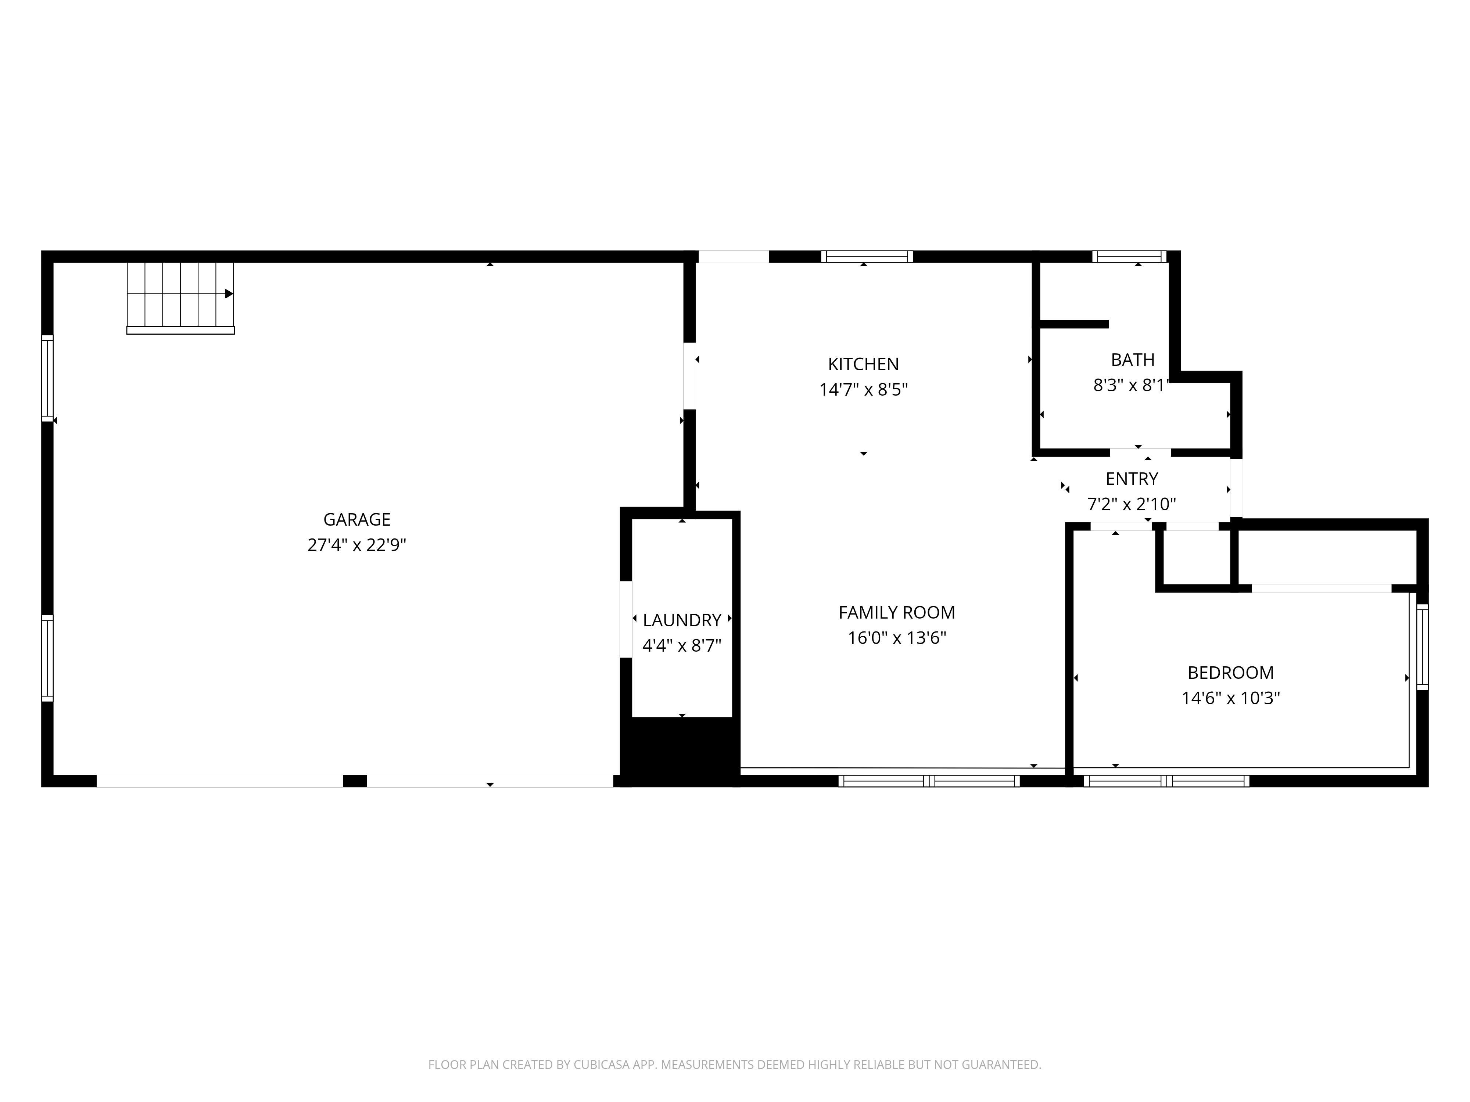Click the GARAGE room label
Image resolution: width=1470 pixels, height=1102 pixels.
(357, 519)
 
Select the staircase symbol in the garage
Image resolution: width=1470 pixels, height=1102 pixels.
(180, 296)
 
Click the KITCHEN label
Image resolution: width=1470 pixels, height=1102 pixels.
(863, 364)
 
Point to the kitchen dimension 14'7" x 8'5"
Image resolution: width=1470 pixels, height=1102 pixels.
(863, 390)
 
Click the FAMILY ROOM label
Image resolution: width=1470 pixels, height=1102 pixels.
(896, 612)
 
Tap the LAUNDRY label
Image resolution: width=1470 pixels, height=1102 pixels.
(682, 620)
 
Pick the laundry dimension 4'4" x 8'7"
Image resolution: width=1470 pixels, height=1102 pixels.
(682, 646)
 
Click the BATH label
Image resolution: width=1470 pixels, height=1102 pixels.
(1132, 360)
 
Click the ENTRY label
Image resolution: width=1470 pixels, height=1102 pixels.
(1132, 479)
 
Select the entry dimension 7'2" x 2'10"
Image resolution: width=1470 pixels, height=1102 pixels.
(1132, 505)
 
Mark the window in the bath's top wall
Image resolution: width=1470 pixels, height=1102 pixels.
(1129, 256)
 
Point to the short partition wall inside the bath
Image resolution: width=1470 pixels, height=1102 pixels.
(1073, 324)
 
